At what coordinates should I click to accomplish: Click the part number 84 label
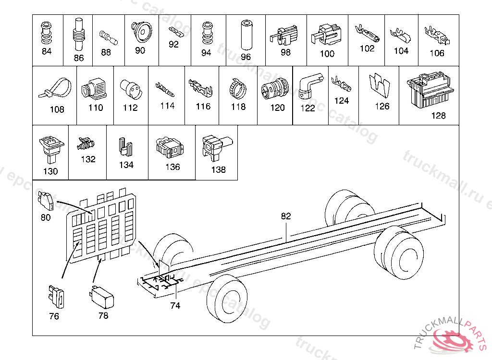coord(47,52)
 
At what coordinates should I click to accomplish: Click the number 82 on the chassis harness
coord(286,216)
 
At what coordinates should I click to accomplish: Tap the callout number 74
coord(175,306)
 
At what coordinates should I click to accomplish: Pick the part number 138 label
coord(218,169)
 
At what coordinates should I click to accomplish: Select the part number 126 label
coord(382,106)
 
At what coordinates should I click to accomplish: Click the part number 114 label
coord(167,106)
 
